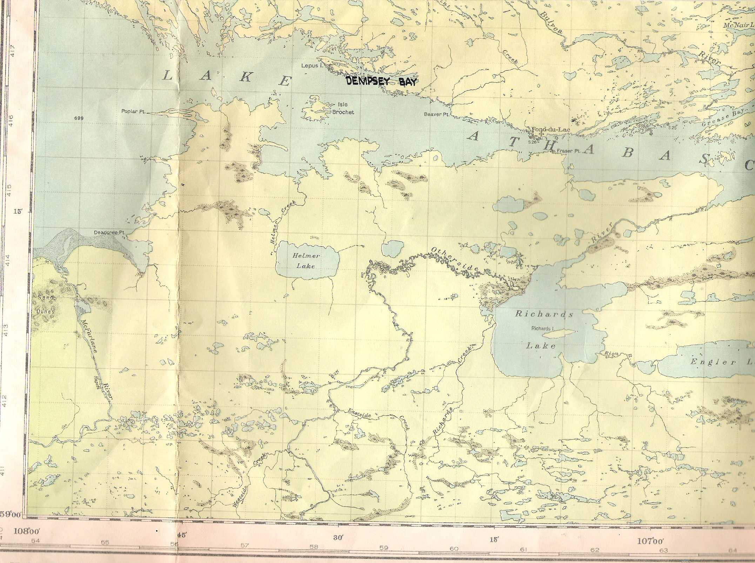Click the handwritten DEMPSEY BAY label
[381, 82]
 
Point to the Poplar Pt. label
[133, 112]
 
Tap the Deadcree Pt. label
[110, 233]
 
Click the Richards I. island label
[542, 329]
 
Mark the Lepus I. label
[310, 66]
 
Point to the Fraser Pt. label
[568, 151]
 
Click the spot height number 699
[79, 119]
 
